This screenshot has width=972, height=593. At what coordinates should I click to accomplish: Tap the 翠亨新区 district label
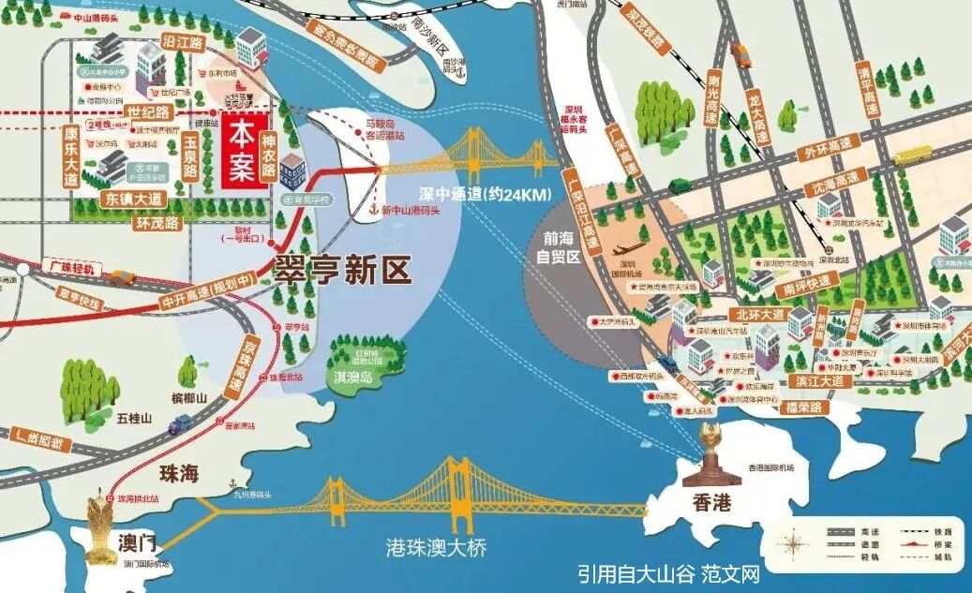(x=341, y=270)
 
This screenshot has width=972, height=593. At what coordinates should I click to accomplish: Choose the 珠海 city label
(x=179, y=473)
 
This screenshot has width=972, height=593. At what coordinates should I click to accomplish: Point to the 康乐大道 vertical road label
(x=70, y=156)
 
